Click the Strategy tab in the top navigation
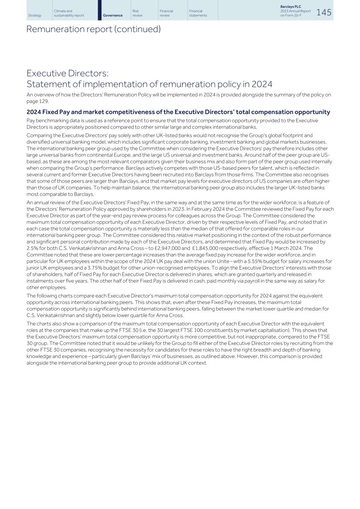(35, 15)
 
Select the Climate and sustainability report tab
(69, 13)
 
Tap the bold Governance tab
(113, 15)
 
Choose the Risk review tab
(137, 13)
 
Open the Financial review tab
(166, 13)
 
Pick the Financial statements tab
(198, 13)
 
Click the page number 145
(324, 12)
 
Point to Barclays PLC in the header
(291, 7)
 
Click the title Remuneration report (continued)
(93, 29)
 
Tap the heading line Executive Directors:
(67, 73)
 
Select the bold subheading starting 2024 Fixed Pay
(178, 112)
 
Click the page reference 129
(44, 101)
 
